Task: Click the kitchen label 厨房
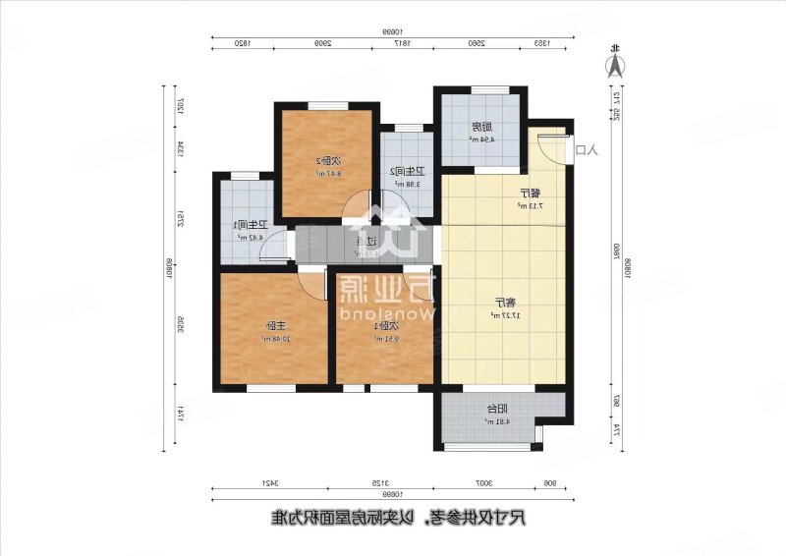coord(479,127)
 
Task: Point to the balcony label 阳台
coord(498,411)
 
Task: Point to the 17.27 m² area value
coord(501,315)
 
